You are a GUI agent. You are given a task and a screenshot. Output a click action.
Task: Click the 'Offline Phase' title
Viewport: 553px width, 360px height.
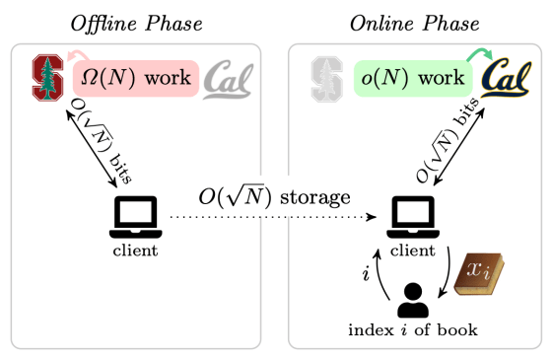point(134,22)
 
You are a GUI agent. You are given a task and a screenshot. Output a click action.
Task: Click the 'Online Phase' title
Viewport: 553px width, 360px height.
point(414,22)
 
